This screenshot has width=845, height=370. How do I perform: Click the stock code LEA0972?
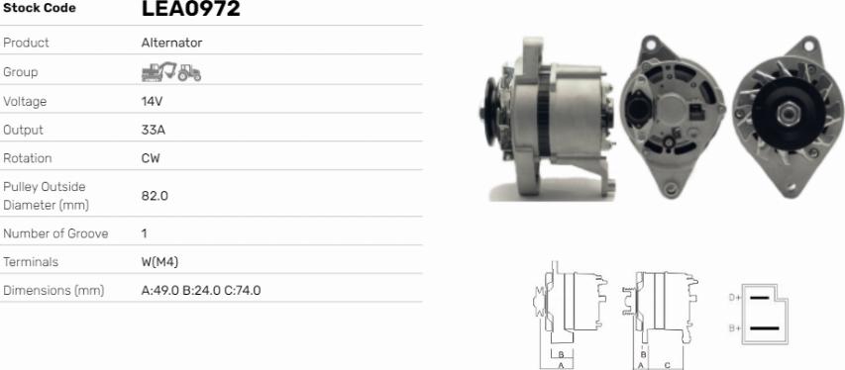191,9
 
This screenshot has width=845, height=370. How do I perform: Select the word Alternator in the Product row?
172,43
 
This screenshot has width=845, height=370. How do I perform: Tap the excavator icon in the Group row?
158,71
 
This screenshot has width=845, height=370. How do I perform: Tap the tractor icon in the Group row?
189,72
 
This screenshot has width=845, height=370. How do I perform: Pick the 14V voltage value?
152,101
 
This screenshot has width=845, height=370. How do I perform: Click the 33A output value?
153,130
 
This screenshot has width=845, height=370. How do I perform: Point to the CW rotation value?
151,158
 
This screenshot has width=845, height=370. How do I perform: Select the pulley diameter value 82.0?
155,196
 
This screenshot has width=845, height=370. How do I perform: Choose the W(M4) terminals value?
159,262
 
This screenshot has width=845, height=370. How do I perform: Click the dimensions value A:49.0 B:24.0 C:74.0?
201,291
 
